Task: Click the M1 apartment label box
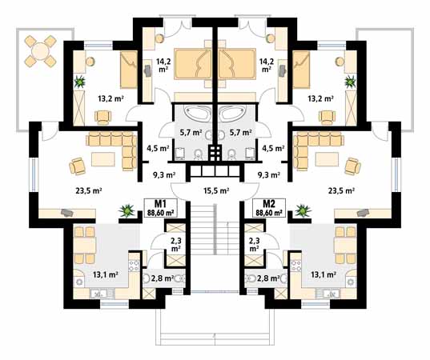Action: click(161, 208)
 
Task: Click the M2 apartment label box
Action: click(269, 208)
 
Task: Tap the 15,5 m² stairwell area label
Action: click(216, 190)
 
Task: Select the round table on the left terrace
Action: click(40, 51)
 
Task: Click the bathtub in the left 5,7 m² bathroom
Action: click(197, 113)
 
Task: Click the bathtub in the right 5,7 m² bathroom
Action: click(232, 113)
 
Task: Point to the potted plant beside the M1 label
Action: click(127, 210)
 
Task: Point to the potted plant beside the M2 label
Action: click(303, 210)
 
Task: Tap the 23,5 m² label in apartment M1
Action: click(89, 190)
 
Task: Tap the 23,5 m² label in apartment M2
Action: click(341, 190)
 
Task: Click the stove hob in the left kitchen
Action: click(134, 265)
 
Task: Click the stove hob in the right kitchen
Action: click(295, 265)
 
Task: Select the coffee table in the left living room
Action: click(102, 159)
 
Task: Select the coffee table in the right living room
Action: click(327, 159)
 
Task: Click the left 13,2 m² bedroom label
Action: click(111, 98)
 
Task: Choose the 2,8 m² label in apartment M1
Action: click(162, 278)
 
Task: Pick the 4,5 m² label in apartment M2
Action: click(273, 149)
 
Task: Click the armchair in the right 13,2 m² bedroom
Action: click(327, 117)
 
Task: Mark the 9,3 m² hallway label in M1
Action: click(164, 174)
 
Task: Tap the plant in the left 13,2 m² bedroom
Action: click(79, 82)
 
